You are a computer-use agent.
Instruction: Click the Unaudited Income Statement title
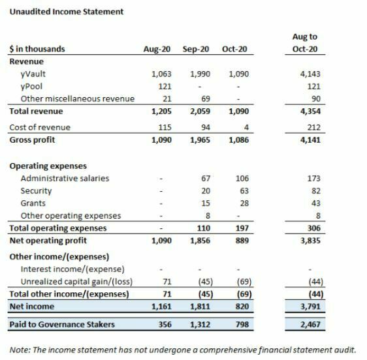coord(66,12)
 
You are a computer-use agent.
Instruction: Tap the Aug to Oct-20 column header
coord(304,42)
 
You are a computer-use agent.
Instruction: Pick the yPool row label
coord(32,86)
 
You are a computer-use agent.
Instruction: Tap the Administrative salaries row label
coord(65,178)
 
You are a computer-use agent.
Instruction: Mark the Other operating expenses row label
coord(71,215)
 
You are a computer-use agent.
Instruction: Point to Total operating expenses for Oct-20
coord(239,228)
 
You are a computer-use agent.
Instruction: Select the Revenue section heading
coord(26,61)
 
